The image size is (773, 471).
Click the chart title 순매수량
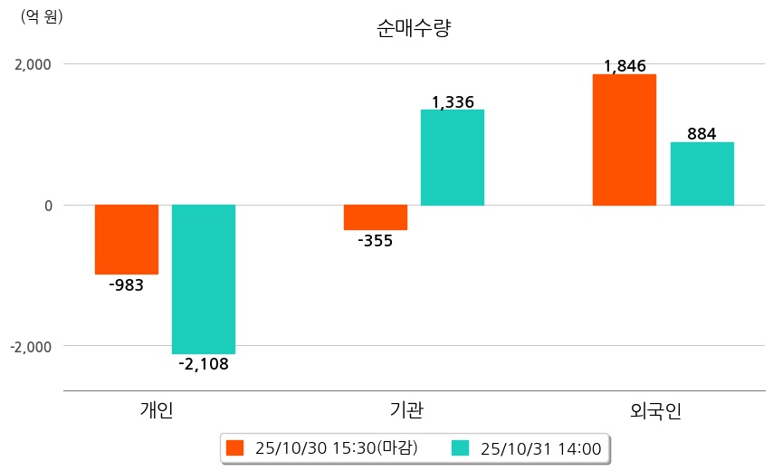(x=414, y=28)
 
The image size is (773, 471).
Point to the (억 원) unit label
(x=42, y=16)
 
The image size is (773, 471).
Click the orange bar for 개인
(x=127, y=239)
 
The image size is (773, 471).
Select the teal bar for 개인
(x=204, y=279)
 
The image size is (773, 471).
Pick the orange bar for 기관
(x=375, y=217)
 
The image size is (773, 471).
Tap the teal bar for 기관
(x=453, y=158)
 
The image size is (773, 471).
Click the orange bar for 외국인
(x=625, y=139)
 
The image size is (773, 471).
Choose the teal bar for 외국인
(x=701, y=174)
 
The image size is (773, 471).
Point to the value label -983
(x=127, y=285)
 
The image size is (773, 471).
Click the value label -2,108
(x=204, y=365)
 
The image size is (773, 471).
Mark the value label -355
(x=375, y=241)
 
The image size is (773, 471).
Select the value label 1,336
(x=453, y=102)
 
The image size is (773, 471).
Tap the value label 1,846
(x=625, y=66)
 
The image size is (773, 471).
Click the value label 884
(x=701, y=134)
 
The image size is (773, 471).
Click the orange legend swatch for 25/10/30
(x=235, y=447)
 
